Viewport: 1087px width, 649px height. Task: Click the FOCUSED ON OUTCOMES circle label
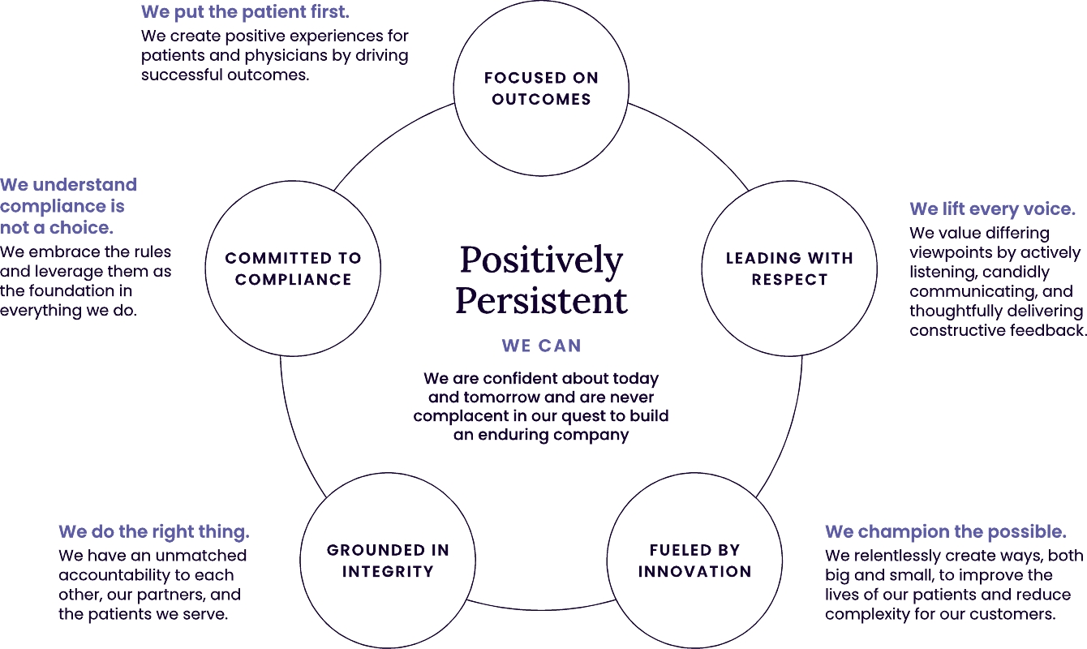pyautogui.click(x=541, y=88)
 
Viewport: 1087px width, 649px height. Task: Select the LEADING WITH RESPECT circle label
pyautogui.click(x=789, y=269)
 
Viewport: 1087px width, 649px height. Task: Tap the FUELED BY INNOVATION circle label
pyautogui.click(x=695, y=561)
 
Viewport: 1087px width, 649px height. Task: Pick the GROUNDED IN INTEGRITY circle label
pyautogui.click(x=388, y=561)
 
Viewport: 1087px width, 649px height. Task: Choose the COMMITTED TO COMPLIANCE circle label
pyautogui.click(x=293, y=269)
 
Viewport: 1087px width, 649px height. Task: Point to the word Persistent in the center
pyautogui.click(x=541, y=301)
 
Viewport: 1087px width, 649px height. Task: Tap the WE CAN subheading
pyautogui.click(x=541, y=346)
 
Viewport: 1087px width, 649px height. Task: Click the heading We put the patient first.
pyautogui.click(x=245, y=12)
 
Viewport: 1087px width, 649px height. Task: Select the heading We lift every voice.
pyautogui.click(x=992, y=209)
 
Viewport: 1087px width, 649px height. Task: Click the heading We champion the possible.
pyautogui.click(x=945, y=532)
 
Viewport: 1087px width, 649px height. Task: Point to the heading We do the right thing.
pyautogui.click(x=154, y=532)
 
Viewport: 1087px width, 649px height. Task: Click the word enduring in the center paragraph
pyautogui.click(x=513, y=435)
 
